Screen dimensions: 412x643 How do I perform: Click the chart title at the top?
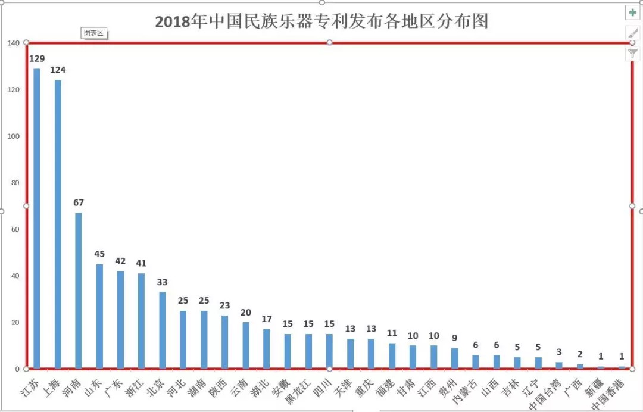(x=321, y=21)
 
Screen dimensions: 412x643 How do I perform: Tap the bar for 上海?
(x=58, y=223)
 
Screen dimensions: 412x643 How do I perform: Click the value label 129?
(x=37, y=58)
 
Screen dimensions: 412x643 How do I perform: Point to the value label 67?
(x=79, y=202)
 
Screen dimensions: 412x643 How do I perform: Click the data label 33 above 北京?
(x=162, y=282)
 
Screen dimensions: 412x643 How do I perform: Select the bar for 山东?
(x=99, y=316)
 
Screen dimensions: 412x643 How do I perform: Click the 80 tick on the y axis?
(x=15, y=183)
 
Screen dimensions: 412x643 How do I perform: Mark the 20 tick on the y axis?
(x=15, y=323)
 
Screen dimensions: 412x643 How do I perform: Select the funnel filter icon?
(x=632, y=54)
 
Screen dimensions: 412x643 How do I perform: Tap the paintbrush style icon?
(x=632, y=33)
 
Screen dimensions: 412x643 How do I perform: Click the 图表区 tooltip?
(x=93, y=33)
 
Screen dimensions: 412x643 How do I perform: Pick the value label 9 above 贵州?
(x=455, y=338)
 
